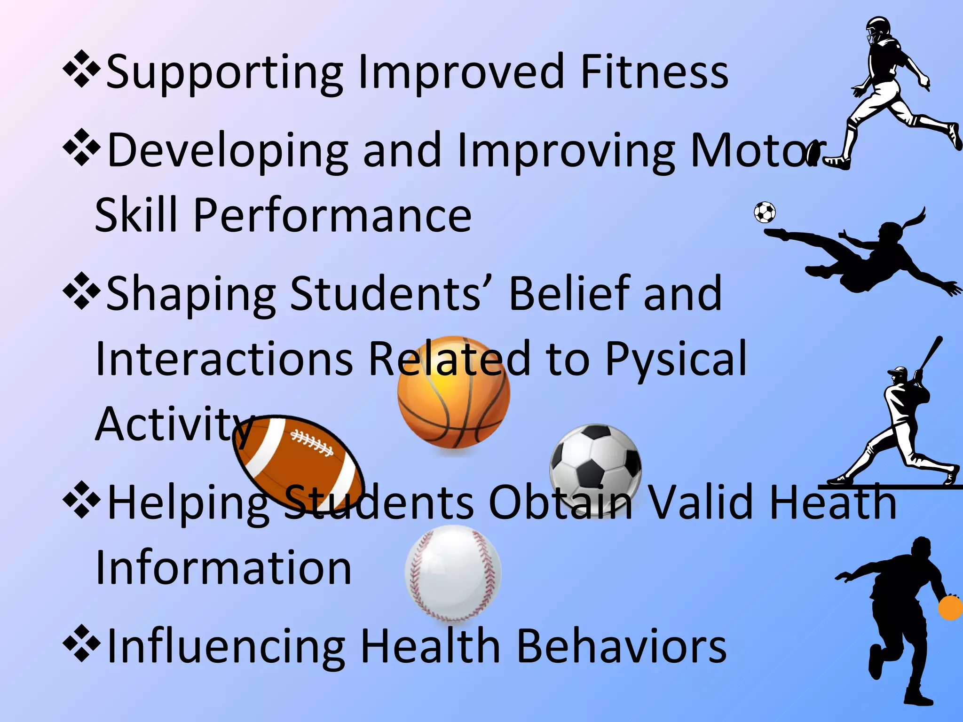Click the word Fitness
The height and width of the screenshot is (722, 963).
click(654, 72)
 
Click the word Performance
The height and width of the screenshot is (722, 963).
click(332, 215)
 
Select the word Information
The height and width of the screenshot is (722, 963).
click(223, 568)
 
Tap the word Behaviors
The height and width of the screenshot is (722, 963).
click(621, 647)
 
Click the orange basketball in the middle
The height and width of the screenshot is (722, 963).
click(454, 392)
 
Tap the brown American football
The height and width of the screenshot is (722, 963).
click(298, 463)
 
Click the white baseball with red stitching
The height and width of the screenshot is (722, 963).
click(453, 573)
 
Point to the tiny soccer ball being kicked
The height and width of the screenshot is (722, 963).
click(765, 212)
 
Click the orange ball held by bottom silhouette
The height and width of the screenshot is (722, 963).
click(951, 608)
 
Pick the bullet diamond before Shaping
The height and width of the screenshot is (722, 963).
click(81, 291)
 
